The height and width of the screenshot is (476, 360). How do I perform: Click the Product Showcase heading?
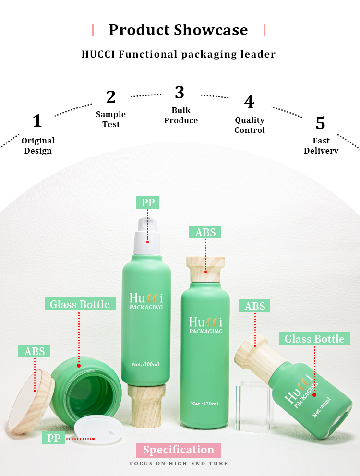tap(179, 30)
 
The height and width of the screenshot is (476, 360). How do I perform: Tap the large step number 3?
tap(180, 92)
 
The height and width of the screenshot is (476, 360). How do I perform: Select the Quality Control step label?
tap(250, 125)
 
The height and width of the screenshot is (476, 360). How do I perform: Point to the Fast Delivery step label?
tap(321, 145)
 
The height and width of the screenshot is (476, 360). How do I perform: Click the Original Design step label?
tap(38, 145)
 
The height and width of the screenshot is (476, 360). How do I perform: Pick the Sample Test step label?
tap(111, 119)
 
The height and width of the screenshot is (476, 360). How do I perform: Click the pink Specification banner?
tap(179, 450)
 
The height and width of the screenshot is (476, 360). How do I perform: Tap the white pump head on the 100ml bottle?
tap(147, 236)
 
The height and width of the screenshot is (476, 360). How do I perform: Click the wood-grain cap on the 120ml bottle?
tap(205, 269)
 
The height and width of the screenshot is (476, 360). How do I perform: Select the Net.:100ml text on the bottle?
tap(145, 364)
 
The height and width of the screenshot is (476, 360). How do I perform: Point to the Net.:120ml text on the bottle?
tap(205, 404)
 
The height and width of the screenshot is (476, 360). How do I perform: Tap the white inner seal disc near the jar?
tap(99, 428)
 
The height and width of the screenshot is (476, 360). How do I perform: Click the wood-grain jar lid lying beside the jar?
tap(31, 401)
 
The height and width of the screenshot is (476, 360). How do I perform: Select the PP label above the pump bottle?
tap(148, 202)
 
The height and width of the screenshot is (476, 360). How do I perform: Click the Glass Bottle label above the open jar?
tap(80, 304)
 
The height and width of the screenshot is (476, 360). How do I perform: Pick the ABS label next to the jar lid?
tap(35, 351)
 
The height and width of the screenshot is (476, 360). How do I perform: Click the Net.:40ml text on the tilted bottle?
tap(322, 407)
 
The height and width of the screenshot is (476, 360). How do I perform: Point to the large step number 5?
tap(320, 123)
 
